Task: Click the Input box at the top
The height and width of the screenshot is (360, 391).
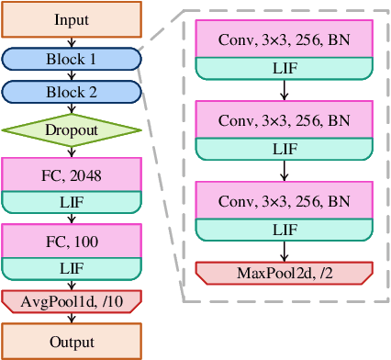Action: [x=72, y=19]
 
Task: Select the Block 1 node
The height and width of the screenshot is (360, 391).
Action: [x=72, y=59]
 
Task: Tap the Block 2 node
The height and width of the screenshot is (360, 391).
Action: [x=72, y=92]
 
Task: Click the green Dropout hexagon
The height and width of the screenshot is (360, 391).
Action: [x=72, y=130]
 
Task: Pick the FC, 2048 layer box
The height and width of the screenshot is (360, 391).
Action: [x=72, y=174]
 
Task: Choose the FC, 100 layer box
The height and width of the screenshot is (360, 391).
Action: [x=72, y=241]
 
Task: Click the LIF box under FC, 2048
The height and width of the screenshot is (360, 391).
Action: [x=72, y=202]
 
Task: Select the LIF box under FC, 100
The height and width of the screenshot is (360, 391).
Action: [x=72, y=267]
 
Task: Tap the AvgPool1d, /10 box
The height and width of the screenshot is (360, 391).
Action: [x=72, y=300]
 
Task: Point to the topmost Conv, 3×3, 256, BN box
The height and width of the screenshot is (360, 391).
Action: [x=284, y=39]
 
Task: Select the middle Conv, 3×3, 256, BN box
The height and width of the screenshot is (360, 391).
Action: [x=284, y=119]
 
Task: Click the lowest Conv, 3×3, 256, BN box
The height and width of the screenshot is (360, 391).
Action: [x=284, y=199]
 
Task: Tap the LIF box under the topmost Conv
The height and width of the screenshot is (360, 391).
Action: [x=284, y=68]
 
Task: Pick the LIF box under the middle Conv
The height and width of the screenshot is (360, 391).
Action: [x=284, y=148]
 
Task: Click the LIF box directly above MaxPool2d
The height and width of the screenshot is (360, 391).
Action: [x=284, y=228]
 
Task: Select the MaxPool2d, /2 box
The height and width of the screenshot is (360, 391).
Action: [x=284, y=273]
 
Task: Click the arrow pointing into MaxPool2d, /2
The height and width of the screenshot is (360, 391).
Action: [x=284, y=252]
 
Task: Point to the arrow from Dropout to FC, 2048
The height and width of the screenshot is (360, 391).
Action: [x=72, y=152]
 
